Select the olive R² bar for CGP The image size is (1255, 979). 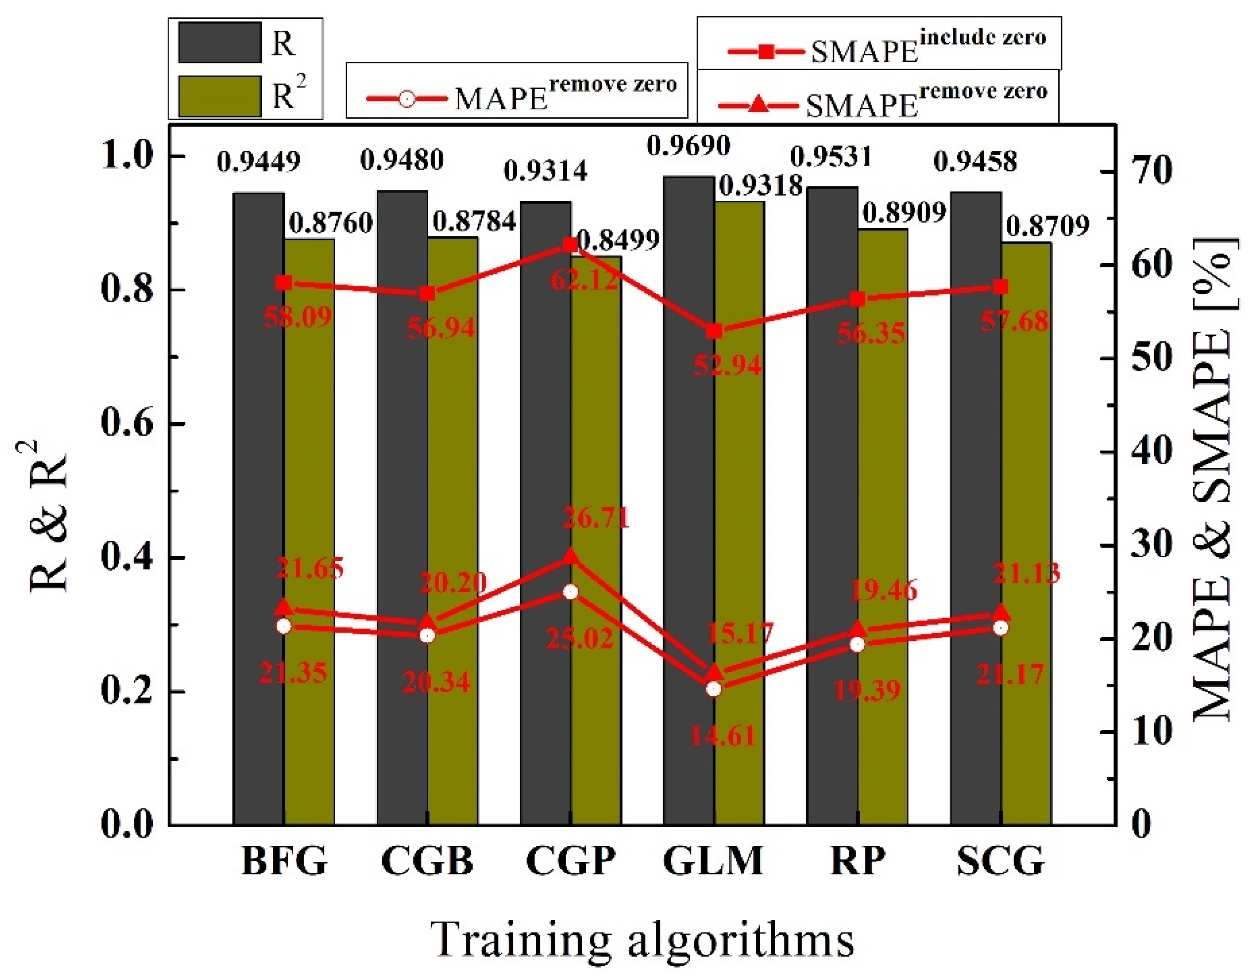tap(596, 546)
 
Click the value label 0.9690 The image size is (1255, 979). tap(688, 146)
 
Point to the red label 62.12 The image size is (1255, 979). tap(585, 280)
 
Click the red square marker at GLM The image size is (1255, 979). tap(714, 331)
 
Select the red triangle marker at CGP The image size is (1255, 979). tap(570, 556)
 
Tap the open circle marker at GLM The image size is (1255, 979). tap(714, 689)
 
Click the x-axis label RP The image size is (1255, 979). tap(857, 862)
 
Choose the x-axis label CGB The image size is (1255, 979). tap(427, 862)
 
